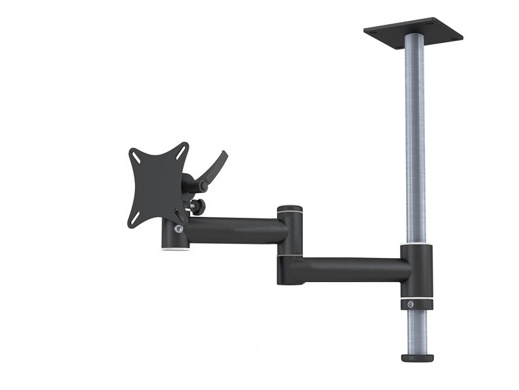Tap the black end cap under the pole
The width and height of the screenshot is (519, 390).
point(416,357)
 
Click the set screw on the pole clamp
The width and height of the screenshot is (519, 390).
point(411,304)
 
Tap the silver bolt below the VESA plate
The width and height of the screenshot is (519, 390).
point(178,229)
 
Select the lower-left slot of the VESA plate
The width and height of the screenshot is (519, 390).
point(134,219)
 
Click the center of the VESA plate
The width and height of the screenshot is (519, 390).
point(157,185)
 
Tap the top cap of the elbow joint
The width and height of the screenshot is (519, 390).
point(289,209)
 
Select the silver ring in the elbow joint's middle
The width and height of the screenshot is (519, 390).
point(289,255)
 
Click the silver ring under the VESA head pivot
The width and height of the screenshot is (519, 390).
point(175,248)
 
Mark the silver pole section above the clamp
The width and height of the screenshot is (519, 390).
point(415,143)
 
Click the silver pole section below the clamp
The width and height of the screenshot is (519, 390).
point(416,331)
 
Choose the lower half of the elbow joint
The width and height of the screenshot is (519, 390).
point(289,270)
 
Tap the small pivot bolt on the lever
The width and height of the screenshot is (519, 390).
point(203,187)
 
